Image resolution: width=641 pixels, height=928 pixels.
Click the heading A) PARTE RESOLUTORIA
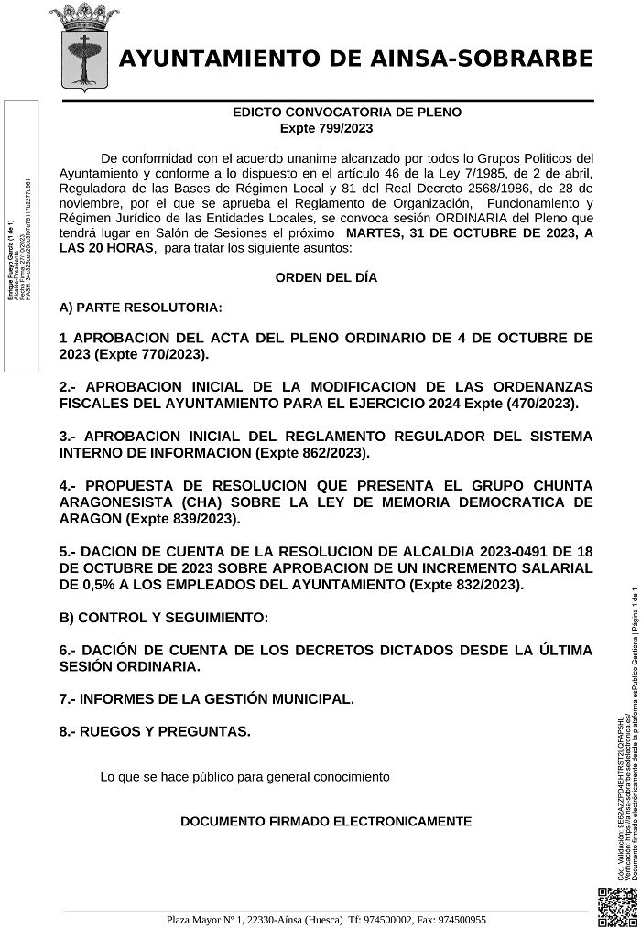click(x=139, y=307)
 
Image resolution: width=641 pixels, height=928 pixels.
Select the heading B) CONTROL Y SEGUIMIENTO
click(x=163, y=618)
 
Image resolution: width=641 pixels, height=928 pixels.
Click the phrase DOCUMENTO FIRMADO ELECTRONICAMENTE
click(x=326, y=821)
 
